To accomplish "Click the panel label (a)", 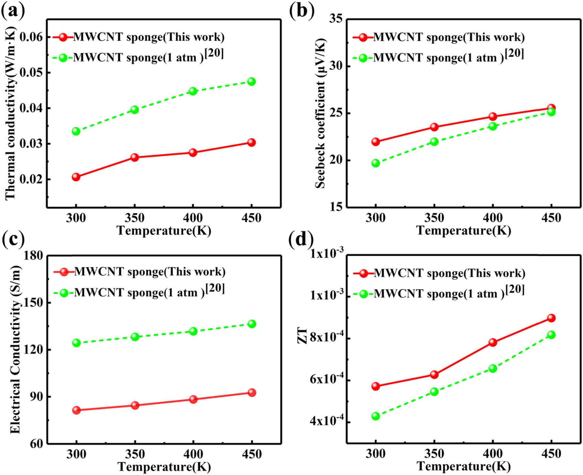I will coord(13,11).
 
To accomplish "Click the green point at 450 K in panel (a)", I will coord(251,81).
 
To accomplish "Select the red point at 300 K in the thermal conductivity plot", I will coord(76,177).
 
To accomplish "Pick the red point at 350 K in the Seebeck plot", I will coord(434,127).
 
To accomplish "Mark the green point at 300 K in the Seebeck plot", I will coord(376,163).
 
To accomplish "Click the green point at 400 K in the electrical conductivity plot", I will coord(193,331).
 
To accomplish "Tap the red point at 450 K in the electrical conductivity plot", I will coord(252,393).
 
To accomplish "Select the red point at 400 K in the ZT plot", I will coord(493,342).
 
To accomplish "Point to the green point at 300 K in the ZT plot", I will coord(376,416).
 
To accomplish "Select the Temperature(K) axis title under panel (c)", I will coord(164,466).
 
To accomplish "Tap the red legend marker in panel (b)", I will coord(363,37).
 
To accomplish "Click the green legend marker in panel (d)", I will coord(364,294).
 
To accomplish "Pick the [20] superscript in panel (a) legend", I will coord(214,53).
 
